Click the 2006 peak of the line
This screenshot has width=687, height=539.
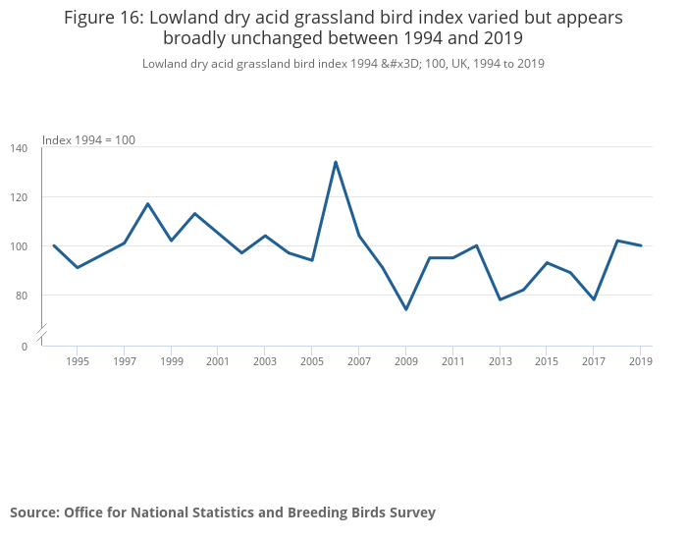click(x=336, y=162)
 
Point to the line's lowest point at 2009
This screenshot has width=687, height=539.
click(x=406, y=309)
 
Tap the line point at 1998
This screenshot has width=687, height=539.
click(x=148, y=203)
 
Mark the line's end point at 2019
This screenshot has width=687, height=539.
click(x=641, y=245)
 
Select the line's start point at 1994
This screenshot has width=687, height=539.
click(x=54, y=245)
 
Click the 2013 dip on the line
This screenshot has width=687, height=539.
click(x=500, y=299)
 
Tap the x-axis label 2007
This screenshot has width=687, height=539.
click(x=358, y=361)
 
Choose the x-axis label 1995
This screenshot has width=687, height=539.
click(x=78, y=361)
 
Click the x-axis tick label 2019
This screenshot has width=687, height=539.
click(x=640, y=361)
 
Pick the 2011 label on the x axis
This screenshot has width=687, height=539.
click(x=452, y=361)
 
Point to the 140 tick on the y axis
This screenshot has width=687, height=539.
click(x=20, y=148)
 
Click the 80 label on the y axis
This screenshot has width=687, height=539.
click(x=22, y=296)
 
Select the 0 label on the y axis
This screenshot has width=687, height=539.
click(x=25, y=346)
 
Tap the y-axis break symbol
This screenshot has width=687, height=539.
click(x=42, y=334)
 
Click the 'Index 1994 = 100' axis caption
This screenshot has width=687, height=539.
click(x=88, y=140)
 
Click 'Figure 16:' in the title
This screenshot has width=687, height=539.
click(x=104, y=18)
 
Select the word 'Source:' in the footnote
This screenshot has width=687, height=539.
click(x=34, y=512)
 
